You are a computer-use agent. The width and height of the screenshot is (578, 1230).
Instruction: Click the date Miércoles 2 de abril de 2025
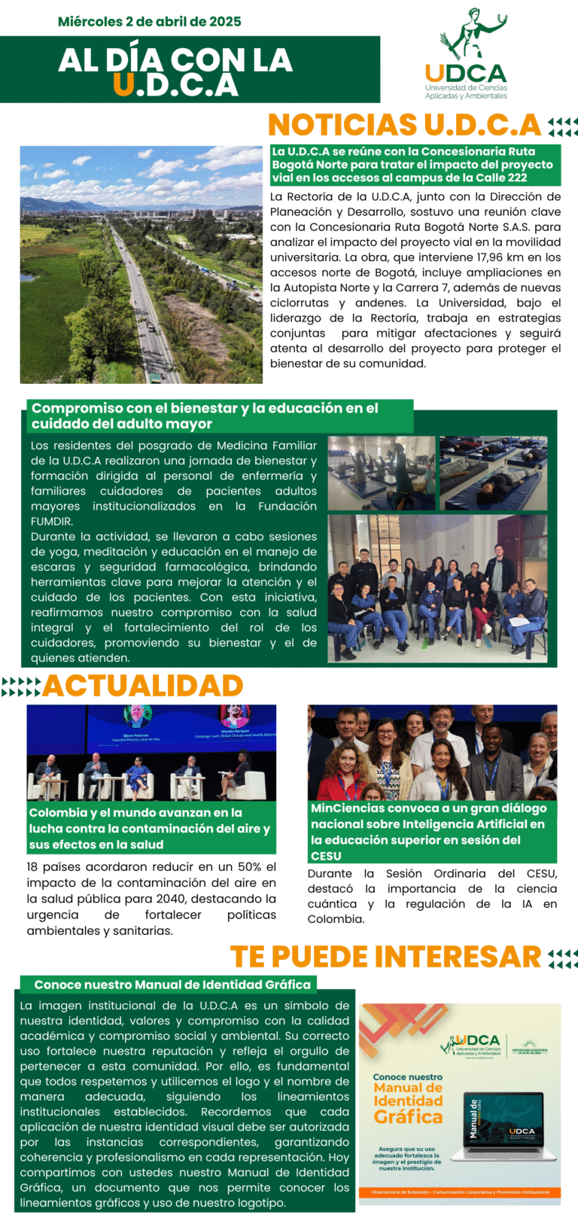click(x=150, y=22)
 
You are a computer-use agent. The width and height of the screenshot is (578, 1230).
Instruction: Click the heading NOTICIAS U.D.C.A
click(x=405, y=125)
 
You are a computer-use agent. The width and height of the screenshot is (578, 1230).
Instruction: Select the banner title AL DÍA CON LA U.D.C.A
click(x=175, y=72)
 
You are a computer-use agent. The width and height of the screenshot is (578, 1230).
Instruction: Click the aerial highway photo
click(x=141, y=264)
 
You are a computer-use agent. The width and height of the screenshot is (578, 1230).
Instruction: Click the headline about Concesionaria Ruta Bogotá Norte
click(x=415, y=165)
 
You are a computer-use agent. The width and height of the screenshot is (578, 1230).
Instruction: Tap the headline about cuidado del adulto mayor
click(x=205, y=416)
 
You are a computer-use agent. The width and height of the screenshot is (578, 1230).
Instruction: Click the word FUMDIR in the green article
click(x=52, y=522)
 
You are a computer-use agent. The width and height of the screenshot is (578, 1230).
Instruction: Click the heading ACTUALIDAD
click(x=143, y=686)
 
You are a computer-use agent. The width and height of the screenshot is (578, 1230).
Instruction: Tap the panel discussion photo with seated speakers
click(x=151, y=753)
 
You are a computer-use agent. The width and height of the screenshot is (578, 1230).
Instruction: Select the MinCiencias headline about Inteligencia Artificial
click(x=431, y=832)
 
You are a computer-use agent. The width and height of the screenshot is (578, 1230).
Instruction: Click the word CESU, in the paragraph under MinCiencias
click(x=541, y=874)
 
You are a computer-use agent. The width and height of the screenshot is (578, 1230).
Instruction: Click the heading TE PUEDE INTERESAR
click(x=385, y=957)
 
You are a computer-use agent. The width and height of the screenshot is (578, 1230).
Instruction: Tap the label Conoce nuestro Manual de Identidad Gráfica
click(x=172, y=985)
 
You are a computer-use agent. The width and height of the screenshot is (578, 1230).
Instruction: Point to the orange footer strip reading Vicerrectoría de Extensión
click(x=460, y=1192)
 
